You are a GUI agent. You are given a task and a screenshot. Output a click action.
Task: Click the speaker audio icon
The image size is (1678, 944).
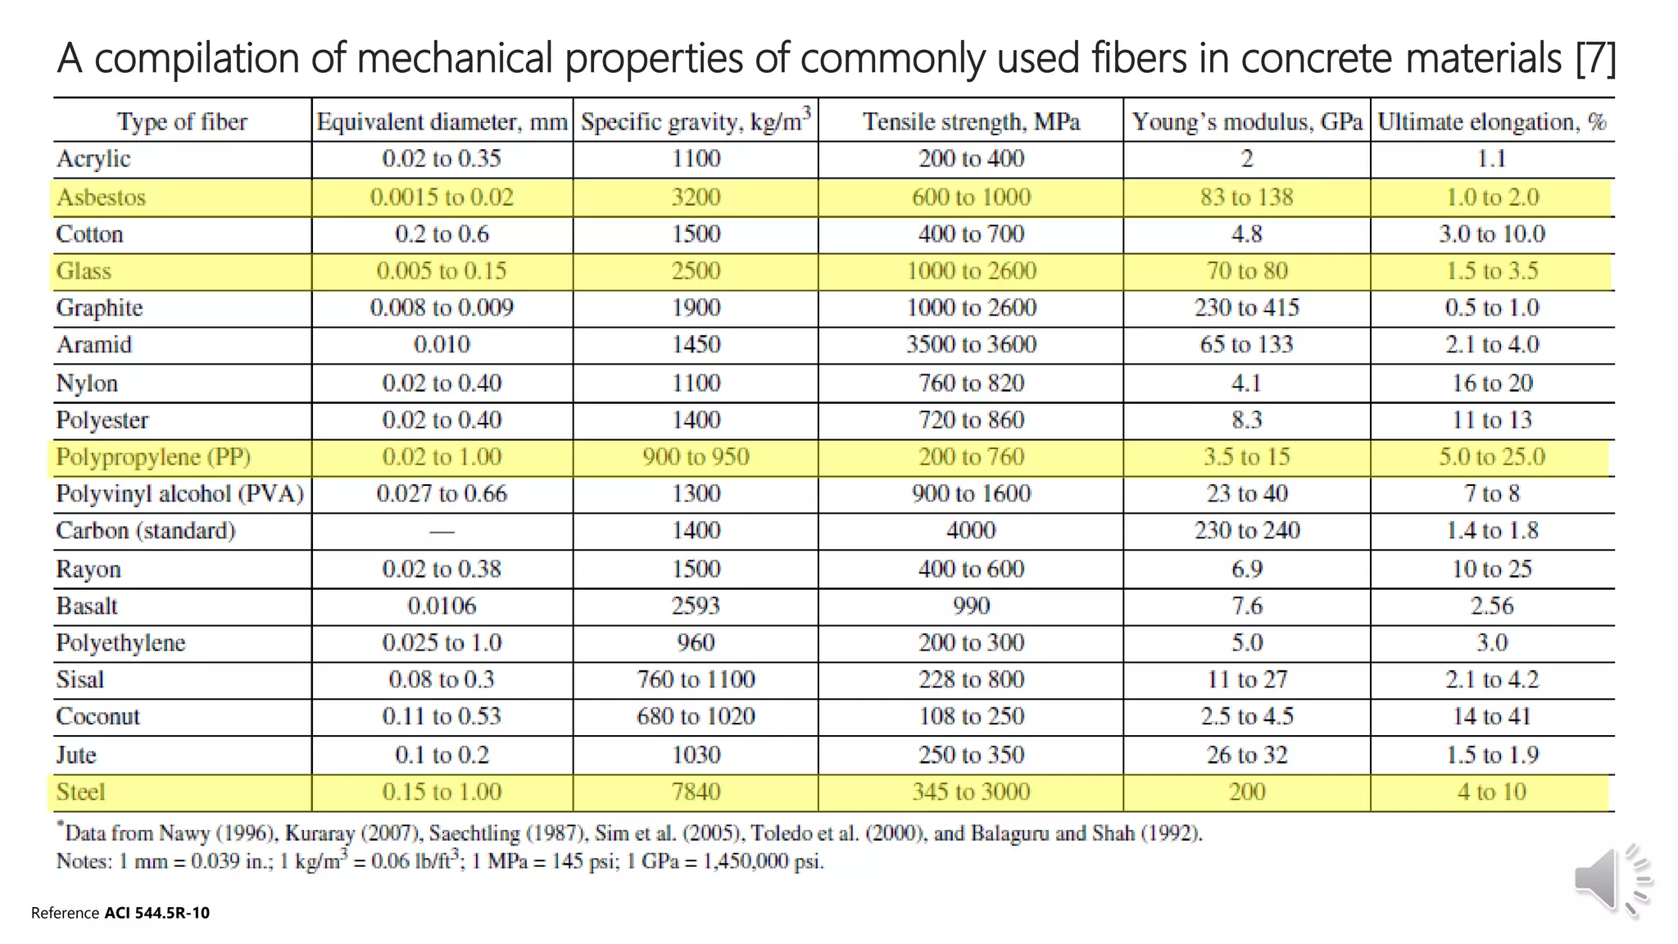coord(1611,880)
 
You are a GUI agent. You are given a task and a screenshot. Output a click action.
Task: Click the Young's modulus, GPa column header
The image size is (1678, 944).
coord(1247,122)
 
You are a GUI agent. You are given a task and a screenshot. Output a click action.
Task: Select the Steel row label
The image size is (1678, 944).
coord(80,792)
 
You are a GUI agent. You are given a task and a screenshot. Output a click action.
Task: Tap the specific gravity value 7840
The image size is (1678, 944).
coord(696,792)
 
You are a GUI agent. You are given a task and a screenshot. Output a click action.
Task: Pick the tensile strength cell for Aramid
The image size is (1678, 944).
coord(971,344)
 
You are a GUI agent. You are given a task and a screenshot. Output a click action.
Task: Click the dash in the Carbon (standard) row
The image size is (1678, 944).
coord(442,532)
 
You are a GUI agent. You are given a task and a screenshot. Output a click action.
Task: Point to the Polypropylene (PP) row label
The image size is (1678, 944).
coord(153,456)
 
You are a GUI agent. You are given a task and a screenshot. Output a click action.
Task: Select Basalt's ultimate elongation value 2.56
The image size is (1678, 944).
coord(1491,606)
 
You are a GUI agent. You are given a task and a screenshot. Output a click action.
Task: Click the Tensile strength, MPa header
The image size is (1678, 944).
coord(971,122)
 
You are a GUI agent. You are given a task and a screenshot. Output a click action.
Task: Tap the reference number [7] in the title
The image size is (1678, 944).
coord(1594,58)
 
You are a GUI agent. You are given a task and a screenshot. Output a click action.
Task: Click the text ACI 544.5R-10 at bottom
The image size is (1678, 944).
coord(156,913)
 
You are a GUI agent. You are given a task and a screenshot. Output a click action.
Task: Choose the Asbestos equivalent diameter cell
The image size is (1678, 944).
coord(442,197)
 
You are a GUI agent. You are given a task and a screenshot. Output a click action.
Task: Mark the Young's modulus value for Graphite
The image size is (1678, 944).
coord(1247,307)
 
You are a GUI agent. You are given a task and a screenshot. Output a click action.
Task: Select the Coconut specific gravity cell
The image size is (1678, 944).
coord(696,716)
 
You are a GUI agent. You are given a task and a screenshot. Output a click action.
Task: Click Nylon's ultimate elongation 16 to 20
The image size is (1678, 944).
coord(1491,383)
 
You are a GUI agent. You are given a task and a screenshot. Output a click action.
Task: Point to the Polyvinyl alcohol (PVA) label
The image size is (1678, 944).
coord(179,493)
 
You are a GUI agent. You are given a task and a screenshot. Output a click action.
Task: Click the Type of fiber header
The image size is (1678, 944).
coord(182,122)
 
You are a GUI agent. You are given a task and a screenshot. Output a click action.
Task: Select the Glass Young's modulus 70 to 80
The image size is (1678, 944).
coord(1247,270)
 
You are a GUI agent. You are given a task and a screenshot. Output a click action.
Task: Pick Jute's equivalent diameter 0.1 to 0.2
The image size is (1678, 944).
coord(442,755)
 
